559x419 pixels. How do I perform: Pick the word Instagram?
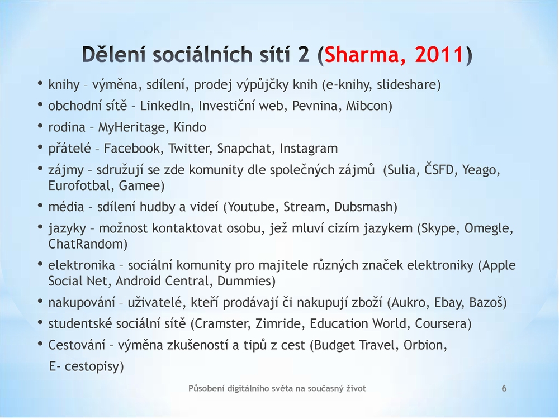click(x=309, y=149)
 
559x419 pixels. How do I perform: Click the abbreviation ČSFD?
click(x=439, y=169)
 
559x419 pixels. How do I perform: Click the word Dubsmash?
click(x=364, y=207)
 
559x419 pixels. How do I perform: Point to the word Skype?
click(x=439, y=228)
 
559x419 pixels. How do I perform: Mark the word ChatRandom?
click(x=86, y=244)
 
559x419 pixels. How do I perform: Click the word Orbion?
click(x=423, y=345)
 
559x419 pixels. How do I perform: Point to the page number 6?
click(x=504, y=388)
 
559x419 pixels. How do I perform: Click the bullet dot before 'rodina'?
click(x=40, y=126)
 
